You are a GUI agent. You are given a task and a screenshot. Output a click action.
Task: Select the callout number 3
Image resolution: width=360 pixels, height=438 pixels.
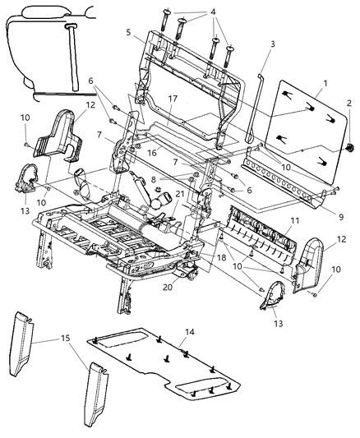pyautogui.click(x=272, y=43)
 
